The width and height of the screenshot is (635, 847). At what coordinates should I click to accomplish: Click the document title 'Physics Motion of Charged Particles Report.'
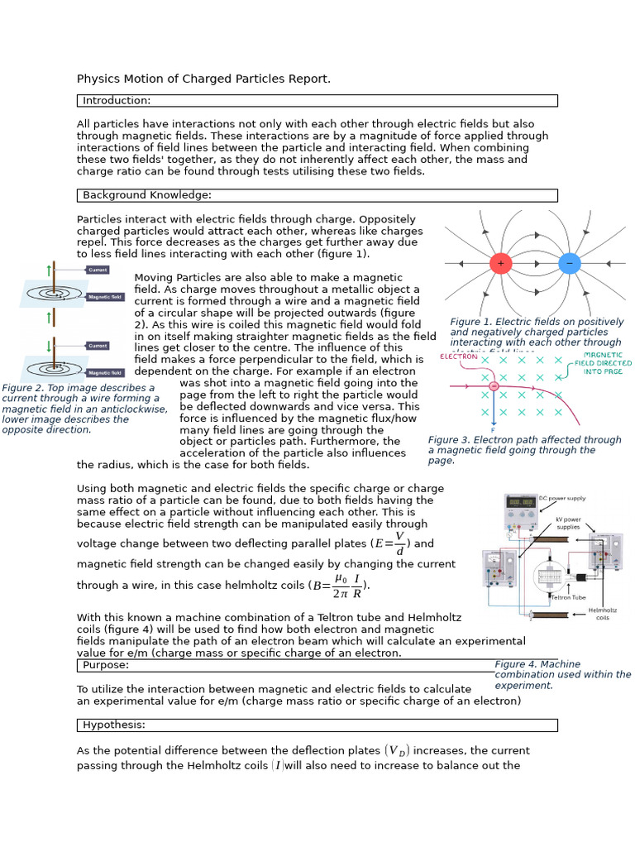(x=203, y=79)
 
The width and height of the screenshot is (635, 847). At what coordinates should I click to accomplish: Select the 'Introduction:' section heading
(x=117, y=101)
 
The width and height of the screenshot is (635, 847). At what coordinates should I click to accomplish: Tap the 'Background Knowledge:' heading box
(x=147, y=195)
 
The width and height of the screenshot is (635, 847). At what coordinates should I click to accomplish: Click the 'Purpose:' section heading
(x=106, y=665)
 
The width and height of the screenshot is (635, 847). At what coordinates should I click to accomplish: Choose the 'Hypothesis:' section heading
(x=114, y=725)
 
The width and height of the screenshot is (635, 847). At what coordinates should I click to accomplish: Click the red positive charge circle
(x=500, y=264)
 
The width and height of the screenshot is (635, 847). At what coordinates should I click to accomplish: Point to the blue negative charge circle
(x=569, y=264)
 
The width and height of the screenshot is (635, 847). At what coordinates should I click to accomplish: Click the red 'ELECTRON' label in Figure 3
(x=458, y=357)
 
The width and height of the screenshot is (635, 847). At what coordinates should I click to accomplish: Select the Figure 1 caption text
(x=537, y=333)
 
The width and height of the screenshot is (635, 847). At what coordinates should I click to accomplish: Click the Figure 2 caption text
(x=84, y=409)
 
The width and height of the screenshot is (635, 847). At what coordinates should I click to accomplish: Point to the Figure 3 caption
(x=524, y=450)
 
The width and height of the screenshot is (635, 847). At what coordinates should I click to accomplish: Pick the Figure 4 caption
(x=562, y=675)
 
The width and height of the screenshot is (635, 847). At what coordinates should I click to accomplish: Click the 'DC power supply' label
(x=562, y=499)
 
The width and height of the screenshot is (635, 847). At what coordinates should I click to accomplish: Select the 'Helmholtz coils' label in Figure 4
(x=602, y=614)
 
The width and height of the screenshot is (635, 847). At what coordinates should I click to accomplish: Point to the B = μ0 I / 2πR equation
(x=339, y=585)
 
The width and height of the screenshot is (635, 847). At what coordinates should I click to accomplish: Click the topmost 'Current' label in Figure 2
(x=98, y=270)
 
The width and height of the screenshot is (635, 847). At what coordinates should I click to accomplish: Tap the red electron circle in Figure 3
(x=494, y=386)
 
